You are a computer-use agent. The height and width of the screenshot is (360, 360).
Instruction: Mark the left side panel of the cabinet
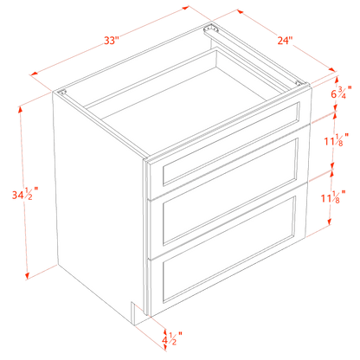tap(95, 199)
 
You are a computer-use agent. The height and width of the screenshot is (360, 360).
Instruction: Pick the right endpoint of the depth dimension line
tap(337, 69)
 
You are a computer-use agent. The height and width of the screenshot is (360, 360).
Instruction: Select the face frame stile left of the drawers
tap(148, 234)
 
